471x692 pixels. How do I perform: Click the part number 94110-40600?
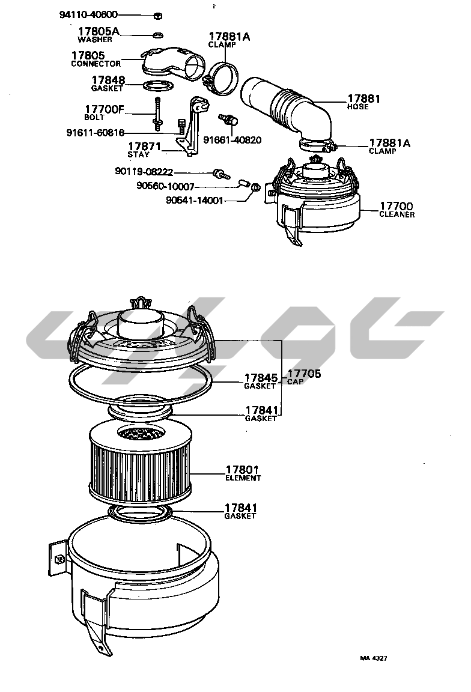click(88, 15)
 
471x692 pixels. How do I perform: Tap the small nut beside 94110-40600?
click(157, 16)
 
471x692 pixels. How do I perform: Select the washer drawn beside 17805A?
click(157, 34)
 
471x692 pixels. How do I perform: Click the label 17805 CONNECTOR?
click(96, 59)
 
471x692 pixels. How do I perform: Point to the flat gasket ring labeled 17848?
click(158, 85)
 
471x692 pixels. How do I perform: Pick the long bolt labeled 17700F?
click(157, 114)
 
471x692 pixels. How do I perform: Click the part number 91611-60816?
click(96, 132)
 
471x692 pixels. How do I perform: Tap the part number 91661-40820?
click(232, 140)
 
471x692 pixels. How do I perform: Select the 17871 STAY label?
click(144, 150)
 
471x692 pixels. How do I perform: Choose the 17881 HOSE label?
click(363, 102)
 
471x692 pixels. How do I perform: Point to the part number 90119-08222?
click(144, 172)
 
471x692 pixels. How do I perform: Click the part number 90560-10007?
click(165, 186)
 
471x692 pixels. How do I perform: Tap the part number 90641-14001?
click(195, 201)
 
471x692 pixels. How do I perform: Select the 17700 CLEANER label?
click(397, 210)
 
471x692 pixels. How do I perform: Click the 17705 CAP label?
click(305, 377)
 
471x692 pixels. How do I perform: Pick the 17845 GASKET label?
click(261, 381)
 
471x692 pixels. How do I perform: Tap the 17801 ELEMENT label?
click(243, 473)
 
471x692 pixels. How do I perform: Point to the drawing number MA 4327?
click(374, 658)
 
